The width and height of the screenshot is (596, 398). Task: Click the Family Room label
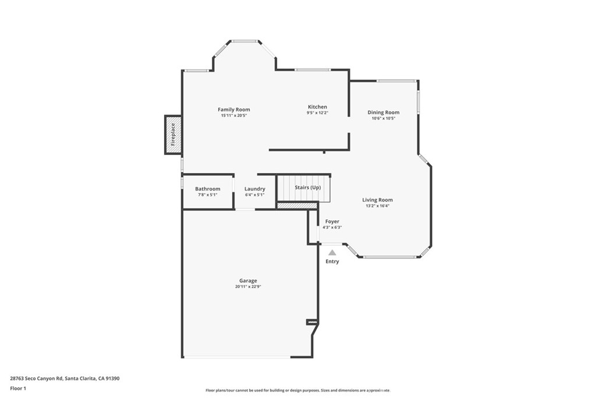point(234,110)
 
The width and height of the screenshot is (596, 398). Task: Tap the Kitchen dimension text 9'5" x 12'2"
point(317,112)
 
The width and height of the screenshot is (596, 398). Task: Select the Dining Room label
point(384,112)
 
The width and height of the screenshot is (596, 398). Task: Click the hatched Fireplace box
point(173,135)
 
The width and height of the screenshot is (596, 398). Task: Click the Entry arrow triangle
point(332,253)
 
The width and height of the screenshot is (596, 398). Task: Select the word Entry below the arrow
point(332,262)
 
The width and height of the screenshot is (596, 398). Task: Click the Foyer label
point(332,221)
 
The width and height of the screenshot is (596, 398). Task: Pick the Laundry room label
point(255,189)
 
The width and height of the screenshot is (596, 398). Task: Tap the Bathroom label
point(208,189)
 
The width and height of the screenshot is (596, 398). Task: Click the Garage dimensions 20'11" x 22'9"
point(248,287)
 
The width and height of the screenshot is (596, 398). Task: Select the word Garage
point(248,281)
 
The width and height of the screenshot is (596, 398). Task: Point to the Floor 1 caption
point(18,388)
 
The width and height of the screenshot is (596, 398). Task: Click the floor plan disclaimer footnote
point(297,390)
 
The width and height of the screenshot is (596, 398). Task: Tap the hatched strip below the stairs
point(297,206)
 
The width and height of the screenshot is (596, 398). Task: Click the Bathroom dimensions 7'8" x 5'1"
point(208,195)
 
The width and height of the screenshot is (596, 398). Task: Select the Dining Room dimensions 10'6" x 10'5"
point(384,118)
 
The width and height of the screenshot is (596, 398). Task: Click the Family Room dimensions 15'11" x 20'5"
point(234,115)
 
